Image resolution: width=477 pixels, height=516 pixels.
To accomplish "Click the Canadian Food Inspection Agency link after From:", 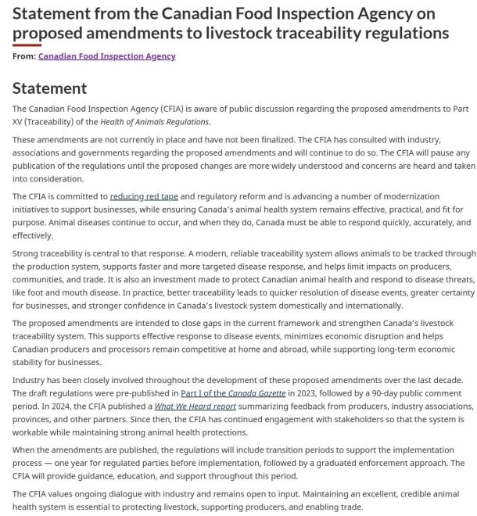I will [x=106, y=56].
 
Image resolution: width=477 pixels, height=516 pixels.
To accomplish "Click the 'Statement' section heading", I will [x=50, y=88].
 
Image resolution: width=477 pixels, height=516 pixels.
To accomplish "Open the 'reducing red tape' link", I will [x=145, y=196].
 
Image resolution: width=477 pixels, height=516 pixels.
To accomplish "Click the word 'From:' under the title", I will [x=24, y=56].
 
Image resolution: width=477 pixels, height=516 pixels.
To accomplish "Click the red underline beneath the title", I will [x=27, y=45].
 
